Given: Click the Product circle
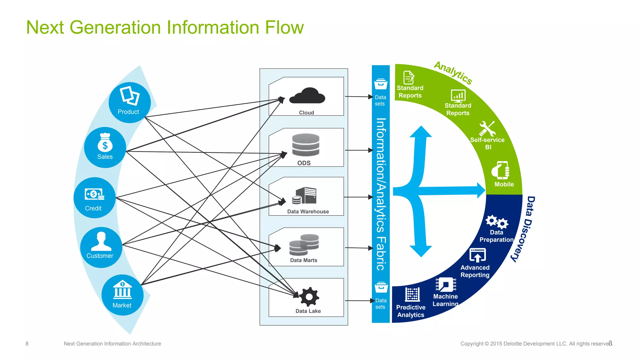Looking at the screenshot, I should (129, 102).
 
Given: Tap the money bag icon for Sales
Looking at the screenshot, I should (105, 143).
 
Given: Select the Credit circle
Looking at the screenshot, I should (95, 198).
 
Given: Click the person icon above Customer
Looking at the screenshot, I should (101, 241).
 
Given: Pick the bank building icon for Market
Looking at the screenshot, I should (122, 289).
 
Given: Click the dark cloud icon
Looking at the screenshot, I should (307, 96).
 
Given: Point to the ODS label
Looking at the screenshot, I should (304, 163).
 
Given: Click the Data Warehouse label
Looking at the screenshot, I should (308, 212).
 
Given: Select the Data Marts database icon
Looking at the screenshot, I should (304, 244).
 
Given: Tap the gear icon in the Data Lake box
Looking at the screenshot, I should (309, 297).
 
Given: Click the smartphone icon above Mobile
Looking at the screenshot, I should (500, 170).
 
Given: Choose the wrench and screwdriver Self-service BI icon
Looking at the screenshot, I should (487, 128).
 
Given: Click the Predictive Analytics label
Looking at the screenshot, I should (411, 311).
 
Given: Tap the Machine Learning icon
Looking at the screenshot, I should (446, 284).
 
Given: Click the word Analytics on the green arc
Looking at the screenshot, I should (453, 73).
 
